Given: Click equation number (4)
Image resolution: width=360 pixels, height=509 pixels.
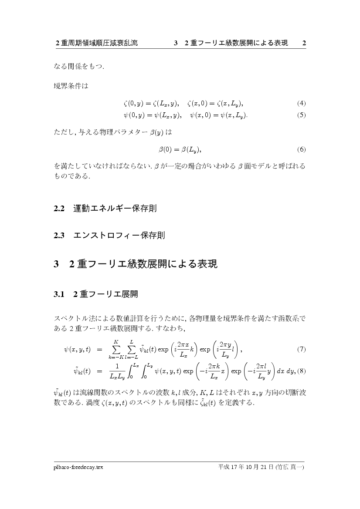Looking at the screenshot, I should pyautogui.click(x=301, y=104).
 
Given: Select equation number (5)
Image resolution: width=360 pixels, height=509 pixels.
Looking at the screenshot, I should pyautogui.click(x=301, y=115).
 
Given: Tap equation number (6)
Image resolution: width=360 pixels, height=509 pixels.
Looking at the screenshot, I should pyautogui.click(x=301, y=150).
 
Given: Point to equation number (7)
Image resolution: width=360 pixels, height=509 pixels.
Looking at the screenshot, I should pyautogui.click(x=301, y=349).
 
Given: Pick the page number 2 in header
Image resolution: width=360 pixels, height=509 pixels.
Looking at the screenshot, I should pyautogui.click(x=304, y=43).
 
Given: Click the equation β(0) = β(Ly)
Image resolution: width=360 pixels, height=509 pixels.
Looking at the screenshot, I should pyautogui.click(x=180, y=150).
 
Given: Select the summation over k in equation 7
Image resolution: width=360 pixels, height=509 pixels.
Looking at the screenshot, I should pyautogui.click(x=116, y=350).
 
